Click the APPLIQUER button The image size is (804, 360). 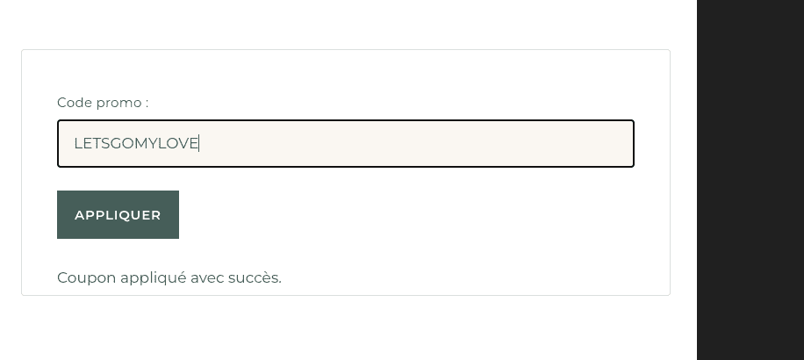pyautogui.click(x=118, y=214)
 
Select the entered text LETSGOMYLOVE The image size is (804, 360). pyautogui.click(x=136, y=143)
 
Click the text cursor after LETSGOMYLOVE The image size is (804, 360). pyautogui.click(x=199, y=143)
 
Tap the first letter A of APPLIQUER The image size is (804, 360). pyautogui.click(x=80, y=215)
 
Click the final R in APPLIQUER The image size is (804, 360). pyautogui.click(x=156, y=215)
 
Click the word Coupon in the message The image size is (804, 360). pyautogui.click(x=87, y=278)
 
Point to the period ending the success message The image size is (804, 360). pyautogui.click(x=279, y=282)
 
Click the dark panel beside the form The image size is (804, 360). pyautogui.click(x=750, y=180)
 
